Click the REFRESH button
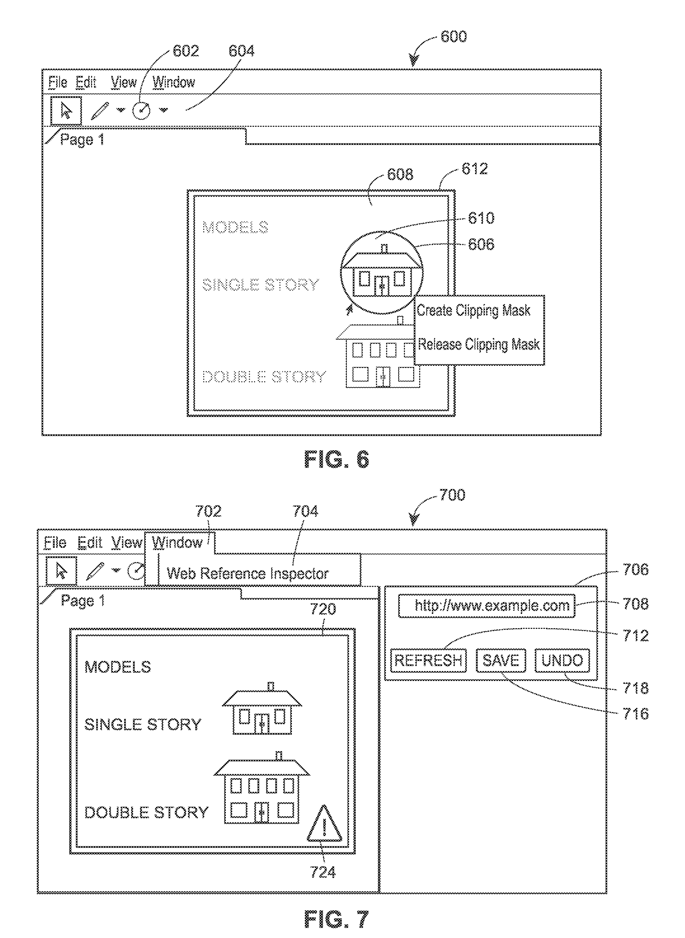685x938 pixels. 428,660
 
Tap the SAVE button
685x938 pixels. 501,660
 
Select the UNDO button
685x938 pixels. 562,660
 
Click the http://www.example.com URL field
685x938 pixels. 486,606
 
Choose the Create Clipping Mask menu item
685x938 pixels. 473,310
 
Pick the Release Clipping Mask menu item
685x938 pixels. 478,344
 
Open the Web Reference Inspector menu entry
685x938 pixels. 247,573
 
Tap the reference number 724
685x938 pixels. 323,872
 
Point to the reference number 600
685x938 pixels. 453,37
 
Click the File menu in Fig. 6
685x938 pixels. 58,82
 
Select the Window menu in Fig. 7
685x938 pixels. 177,543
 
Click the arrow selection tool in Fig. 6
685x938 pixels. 66,110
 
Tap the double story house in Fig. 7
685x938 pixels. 262,790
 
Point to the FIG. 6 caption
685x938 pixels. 336,460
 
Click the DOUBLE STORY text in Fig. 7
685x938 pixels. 146,812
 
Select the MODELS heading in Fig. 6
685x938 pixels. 235,227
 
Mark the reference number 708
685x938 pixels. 635,604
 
